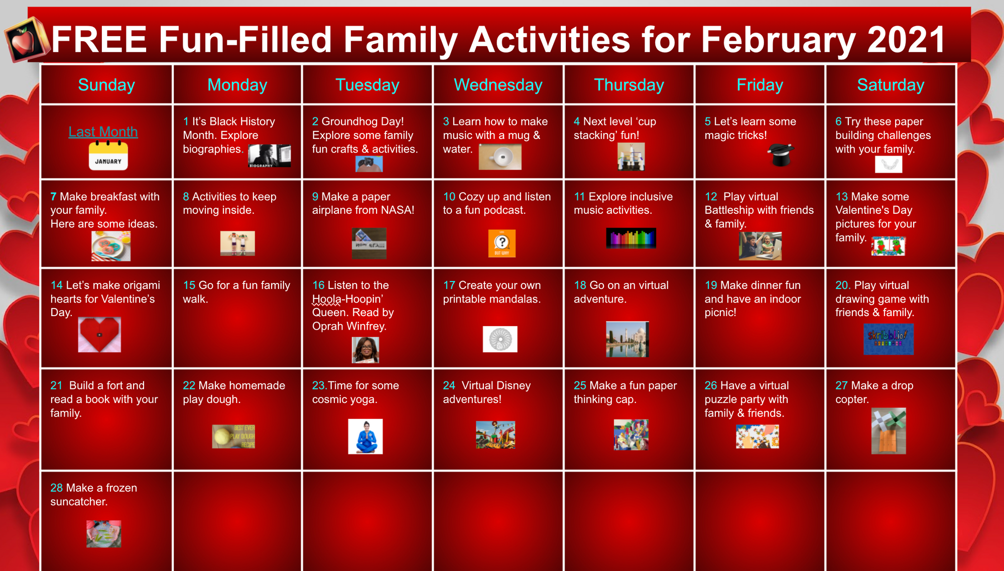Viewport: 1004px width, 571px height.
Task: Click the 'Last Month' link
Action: click(103, 131)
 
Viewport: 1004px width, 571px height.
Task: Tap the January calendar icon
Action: click(108, 156)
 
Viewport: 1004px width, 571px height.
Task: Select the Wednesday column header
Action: click(498, 85)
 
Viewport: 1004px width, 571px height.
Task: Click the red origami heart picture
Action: click(99, 334)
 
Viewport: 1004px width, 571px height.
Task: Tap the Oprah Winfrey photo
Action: click(365, 350)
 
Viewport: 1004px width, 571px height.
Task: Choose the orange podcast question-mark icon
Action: click(501, 243)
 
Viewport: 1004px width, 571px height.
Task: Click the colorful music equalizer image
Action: click(631, 238)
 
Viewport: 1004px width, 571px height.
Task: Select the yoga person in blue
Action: click(365, 437)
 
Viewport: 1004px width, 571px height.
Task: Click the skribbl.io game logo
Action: click(888, 339)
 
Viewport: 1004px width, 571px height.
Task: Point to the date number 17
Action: click(449, 285)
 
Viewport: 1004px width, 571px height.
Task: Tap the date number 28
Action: click(57, 488)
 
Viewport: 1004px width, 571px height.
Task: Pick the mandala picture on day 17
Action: click(500, 339)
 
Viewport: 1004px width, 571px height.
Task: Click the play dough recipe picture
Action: click(233, 436)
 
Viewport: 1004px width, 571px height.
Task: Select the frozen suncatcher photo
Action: click(103, 533)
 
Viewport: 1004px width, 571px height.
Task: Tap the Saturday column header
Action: click(891, 85)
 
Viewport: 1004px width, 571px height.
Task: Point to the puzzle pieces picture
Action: click(758, 436)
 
